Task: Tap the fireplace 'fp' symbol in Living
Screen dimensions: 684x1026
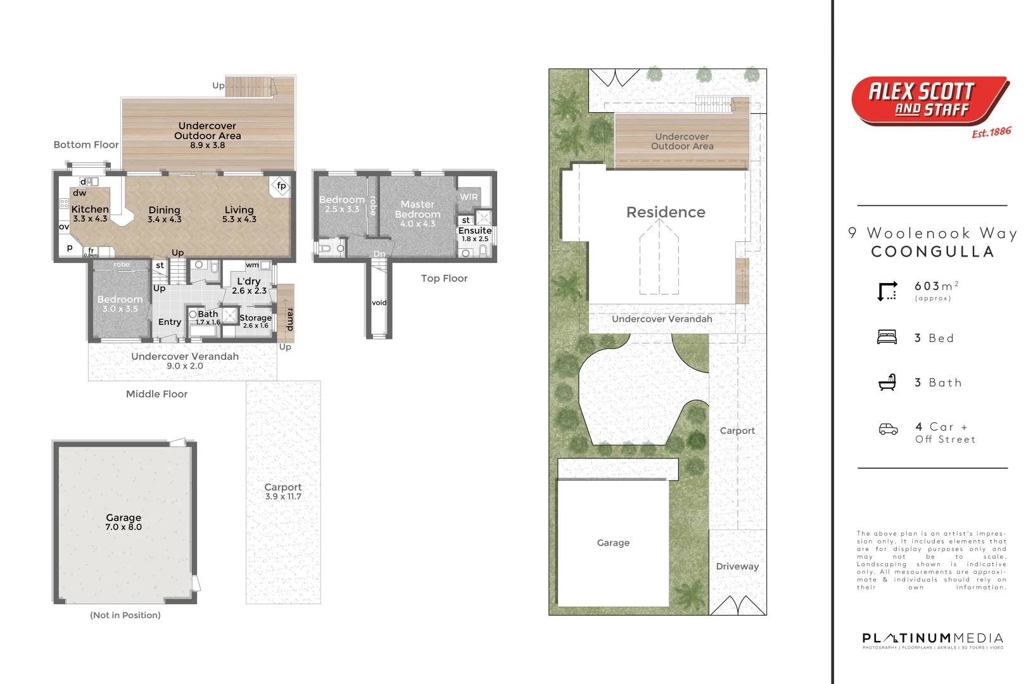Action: (281, 186)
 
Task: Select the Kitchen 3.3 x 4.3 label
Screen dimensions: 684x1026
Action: (90, 213)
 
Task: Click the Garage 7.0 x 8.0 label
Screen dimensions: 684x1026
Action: (123, 522)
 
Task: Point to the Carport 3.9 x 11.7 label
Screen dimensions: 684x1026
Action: (283, 491)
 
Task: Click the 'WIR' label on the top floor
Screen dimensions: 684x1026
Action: (469, 197)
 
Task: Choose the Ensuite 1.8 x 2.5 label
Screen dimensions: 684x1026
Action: (475, 234)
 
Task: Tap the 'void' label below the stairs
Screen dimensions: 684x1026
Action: (379, 303)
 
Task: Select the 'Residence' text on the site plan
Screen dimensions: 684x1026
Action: (666, 212)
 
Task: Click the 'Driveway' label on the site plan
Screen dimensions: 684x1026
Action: (737, 566)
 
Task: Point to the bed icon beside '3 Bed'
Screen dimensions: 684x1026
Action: (887, 337)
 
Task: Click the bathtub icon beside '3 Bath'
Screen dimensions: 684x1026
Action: (887, 382)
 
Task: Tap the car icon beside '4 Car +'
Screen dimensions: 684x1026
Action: (888, 429)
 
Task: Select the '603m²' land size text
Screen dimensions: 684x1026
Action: (936, 286)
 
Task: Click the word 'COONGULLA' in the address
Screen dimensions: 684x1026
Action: (932, 251)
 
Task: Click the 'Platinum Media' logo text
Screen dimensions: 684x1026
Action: (932, 638)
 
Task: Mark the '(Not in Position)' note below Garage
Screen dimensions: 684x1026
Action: (125, 615)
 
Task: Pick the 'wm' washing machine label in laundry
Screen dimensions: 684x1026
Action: (252, 265)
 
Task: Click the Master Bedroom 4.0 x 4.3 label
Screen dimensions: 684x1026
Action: (417, 213)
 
